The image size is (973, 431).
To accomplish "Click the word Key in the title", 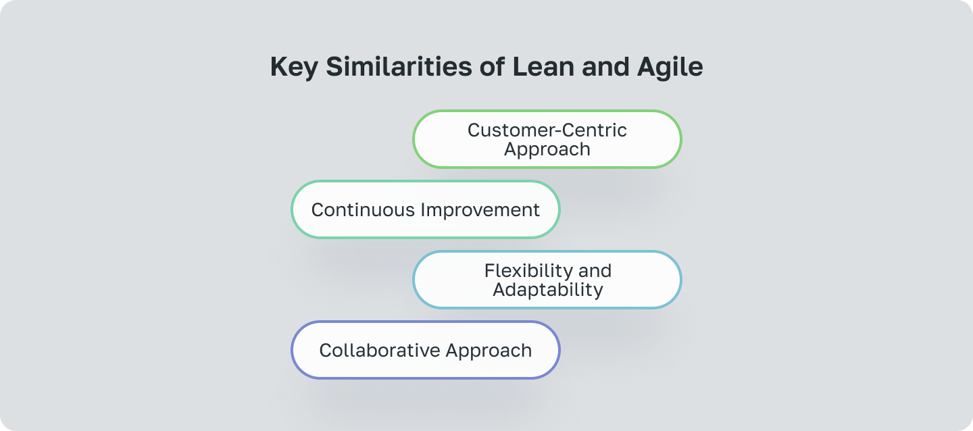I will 293,68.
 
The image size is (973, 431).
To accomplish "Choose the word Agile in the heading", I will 672,68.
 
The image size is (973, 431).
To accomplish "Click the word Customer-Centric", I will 547,130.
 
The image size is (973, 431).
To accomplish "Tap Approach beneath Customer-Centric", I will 547,149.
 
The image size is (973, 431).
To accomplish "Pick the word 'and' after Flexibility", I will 595,270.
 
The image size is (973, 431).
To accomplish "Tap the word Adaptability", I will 547,290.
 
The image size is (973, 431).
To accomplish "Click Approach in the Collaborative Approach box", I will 489,351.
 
